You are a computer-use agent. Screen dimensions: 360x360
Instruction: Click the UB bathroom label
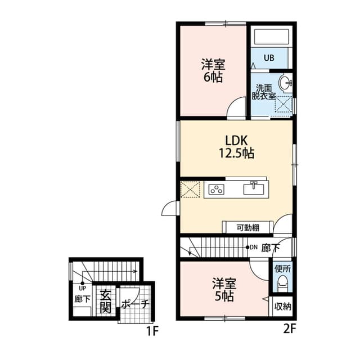(269, 58)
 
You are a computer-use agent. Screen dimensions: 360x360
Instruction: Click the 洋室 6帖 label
(213, 71)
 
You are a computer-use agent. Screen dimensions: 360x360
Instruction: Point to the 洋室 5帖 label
(223, 289)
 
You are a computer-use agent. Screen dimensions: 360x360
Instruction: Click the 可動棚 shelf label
(247, 228)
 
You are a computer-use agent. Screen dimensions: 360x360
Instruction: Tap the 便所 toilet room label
(283, 269)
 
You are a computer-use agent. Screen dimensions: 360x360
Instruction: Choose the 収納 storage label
(283, 307)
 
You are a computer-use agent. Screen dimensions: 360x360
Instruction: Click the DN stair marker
(253, 247)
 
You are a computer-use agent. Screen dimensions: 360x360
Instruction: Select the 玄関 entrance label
(105, 301)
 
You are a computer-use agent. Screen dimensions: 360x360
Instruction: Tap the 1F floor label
(151, 331)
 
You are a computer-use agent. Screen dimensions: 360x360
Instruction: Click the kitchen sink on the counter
(254, 188)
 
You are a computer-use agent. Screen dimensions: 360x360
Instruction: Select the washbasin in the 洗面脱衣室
(285, 83)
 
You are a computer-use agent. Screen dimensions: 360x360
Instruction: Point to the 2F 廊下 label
(271, 247)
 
